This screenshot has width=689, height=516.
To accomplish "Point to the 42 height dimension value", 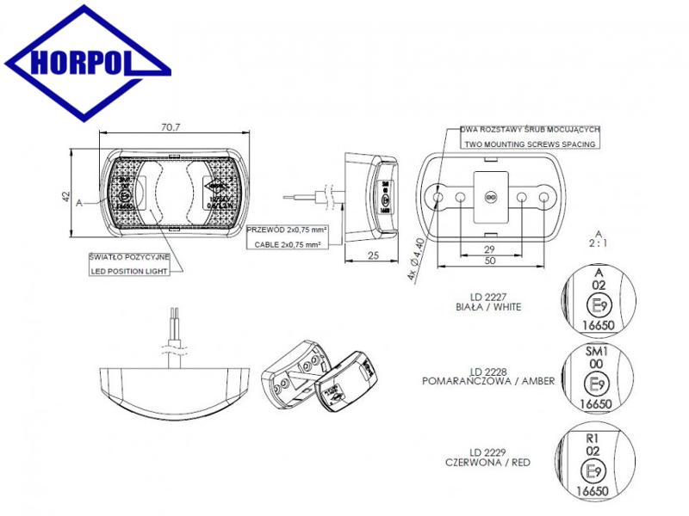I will click(65, 197).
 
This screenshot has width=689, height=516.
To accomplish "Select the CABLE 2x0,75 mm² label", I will click(283, 245).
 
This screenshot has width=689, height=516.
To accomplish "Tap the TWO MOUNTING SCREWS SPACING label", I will click(529, 145).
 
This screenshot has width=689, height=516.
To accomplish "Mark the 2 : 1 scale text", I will click(598, 243).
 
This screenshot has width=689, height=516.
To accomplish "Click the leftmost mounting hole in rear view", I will click(440, 199).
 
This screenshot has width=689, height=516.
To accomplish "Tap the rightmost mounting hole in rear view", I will click(544, 199).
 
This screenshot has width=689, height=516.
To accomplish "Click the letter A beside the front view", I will click(79, 203).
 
